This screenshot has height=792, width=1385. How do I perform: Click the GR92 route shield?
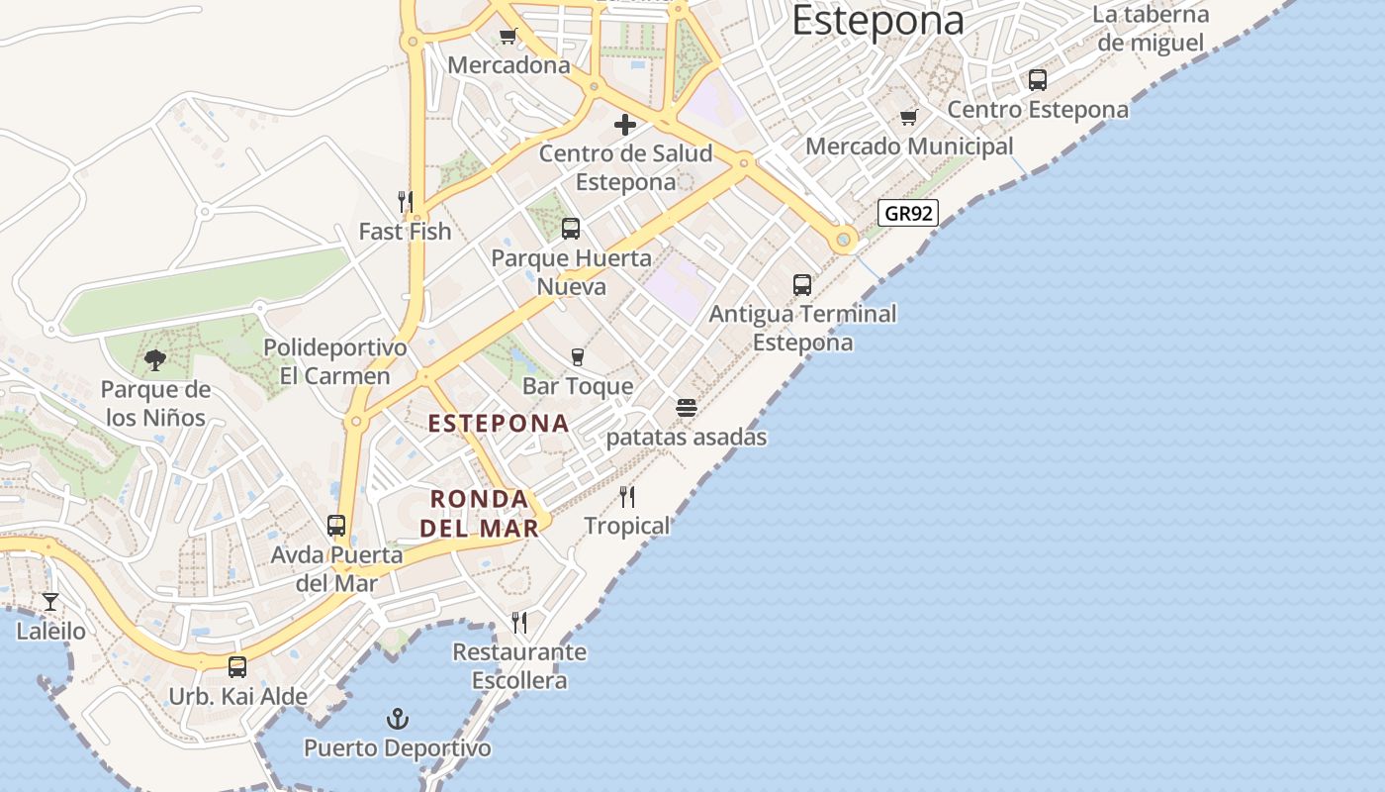(x=907, y=213)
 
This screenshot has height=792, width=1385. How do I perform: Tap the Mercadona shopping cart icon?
(x=508, y=37)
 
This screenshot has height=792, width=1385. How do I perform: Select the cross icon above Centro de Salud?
(x=625, y=125)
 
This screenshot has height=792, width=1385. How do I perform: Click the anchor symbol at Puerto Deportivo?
(x=397, y=719)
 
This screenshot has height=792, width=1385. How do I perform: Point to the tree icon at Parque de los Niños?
(x=155, y=360)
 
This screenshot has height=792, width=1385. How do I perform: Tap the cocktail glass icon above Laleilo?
(x=50, y=601)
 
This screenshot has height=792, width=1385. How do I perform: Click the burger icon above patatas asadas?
(x=687, y=408)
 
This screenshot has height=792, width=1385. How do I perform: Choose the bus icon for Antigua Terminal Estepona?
(x=802, y=285)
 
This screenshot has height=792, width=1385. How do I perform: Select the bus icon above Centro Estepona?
(x=1038, y=80)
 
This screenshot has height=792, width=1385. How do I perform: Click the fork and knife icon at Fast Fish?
(x=405, y=202)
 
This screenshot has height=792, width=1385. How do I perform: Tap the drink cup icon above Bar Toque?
(x=578, y=357)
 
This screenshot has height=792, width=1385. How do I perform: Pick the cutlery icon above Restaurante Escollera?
(x=519, y=623)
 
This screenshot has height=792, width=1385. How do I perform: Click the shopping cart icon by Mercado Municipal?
(x=909, y=118)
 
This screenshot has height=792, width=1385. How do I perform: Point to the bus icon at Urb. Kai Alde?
(x=237, y=667)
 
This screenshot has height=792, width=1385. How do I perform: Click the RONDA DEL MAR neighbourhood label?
(x=480, y=513)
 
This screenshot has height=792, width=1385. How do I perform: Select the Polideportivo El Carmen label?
(x=335, y=362)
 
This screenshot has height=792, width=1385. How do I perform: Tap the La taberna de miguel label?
(x=1151, y=29)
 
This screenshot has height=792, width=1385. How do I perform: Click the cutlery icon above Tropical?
(x=627, y=497)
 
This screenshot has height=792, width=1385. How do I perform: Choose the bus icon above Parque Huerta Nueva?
(x=571, y=229)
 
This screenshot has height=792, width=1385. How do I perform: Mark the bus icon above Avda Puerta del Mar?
(x=336, y=526)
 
